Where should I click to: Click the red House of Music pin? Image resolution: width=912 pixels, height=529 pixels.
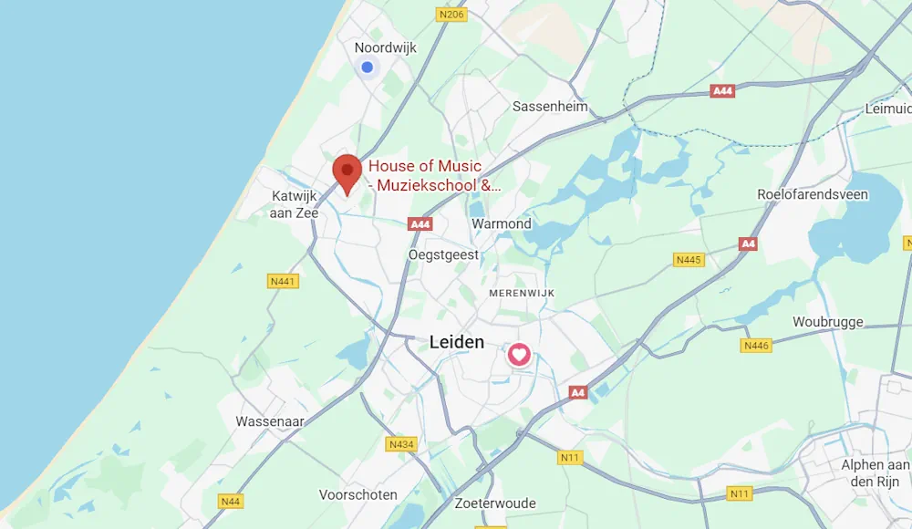[x=347, y=171]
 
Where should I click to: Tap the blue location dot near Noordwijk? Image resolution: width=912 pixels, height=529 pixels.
[x=367, y=67]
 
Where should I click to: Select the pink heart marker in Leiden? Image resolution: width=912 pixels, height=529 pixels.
[x=519, y=354]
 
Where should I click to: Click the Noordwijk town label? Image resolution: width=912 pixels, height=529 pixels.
[x=385, y=47]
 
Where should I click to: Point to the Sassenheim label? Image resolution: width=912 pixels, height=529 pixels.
[x=550, y=106]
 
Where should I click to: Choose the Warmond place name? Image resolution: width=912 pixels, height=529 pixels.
[x=501, y=223]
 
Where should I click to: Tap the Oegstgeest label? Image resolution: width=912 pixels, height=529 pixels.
[x=444, y=254]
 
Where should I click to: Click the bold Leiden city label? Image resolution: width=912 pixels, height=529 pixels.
[x=457, y=342]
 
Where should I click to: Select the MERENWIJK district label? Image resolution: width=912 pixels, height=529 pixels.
[x=522, y=293]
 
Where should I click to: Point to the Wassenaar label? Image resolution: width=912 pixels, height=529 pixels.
[x=270, y=421]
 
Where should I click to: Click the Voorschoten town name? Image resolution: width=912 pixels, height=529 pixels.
[x=358, y=494]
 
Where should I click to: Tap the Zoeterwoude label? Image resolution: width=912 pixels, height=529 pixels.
[x=493, y=503]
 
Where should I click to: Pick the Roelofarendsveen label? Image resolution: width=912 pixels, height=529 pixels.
[x=812, y=194]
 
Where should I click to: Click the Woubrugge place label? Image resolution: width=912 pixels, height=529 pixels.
[x=827, y=322]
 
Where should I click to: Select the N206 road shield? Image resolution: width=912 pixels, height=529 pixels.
[x=451, y=14]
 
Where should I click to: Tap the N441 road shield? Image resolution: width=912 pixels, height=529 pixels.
[x=284, y=281]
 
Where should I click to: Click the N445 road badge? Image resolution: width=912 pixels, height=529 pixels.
[x=689, y=260]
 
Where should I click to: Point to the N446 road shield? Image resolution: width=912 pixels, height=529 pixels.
[x=757, y=345]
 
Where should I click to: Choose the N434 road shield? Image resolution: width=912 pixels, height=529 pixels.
[x=401, y=444]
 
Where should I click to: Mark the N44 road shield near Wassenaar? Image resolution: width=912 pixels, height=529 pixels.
[x=231, y=501]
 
